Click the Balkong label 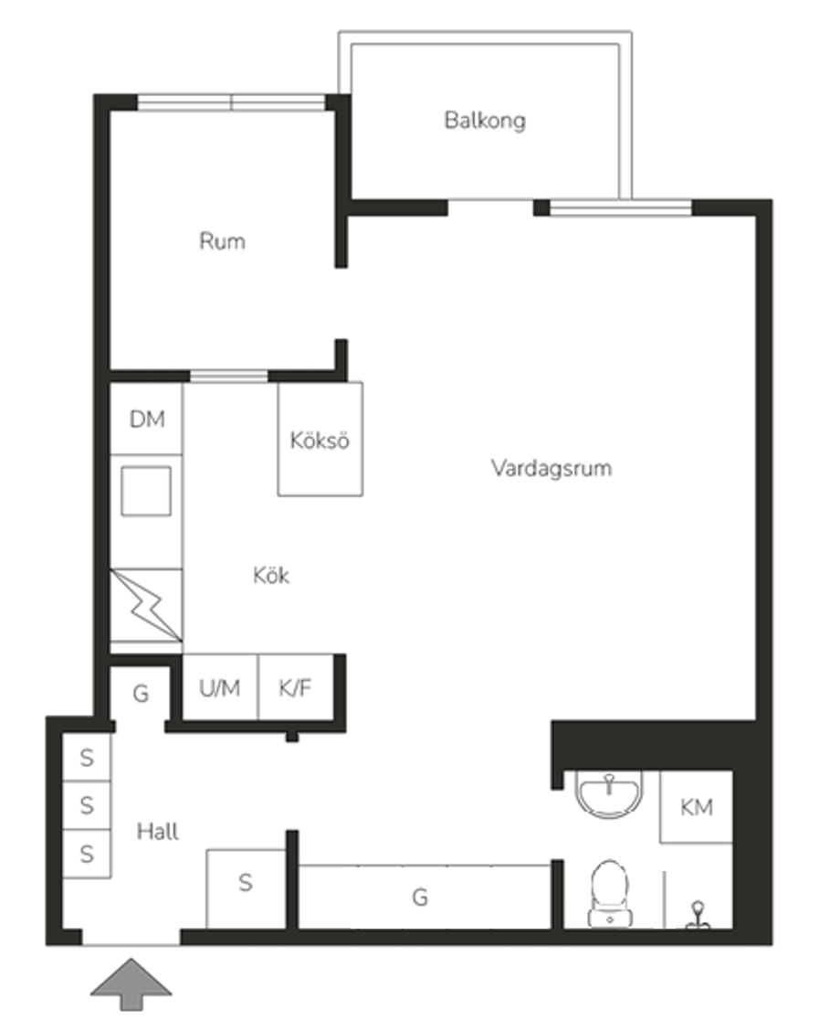pos(485,121)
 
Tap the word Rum pos(222,240)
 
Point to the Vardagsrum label pos(551,468)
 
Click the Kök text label pos(270,575)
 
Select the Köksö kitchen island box pos(320,440)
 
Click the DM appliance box pos(146,419)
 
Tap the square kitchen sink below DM pos(146,491)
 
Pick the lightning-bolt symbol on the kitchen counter pos(146,605)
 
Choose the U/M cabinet pos(220,687)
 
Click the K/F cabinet pos(296,687)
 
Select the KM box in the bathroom pos(696,807)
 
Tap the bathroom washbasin pos(609,793)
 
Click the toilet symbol pos(610,893)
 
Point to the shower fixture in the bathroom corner pos(698,915)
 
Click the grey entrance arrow pos(131,984)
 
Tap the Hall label pos(157,832)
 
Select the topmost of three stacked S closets pos(87,758)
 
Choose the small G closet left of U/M pos(141,693)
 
